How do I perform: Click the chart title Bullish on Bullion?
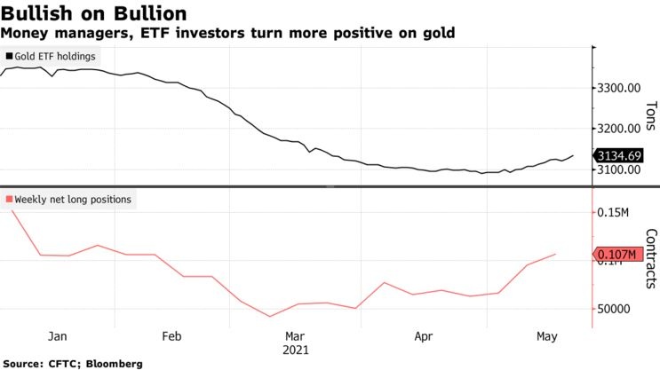point(93,13)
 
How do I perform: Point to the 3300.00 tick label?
point(622,88)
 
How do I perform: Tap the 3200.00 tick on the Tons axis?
point(622,129)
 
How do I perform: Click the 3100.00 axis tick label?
point(622,169)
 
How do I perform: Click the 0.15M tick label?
point(619,213)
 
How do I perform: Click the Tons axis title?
point(651,114)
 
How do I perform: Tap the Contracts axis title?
point(651,258)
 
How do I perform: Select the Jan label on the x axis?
point(57,336)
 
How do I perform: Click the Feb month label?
point(172,336)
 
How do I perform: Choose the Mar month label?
point(295,336)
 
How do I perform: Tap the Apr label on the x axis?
point(424,336)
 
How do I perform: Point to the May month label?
point(547,336)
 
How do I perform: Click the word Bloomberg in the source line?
point(110,364)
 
